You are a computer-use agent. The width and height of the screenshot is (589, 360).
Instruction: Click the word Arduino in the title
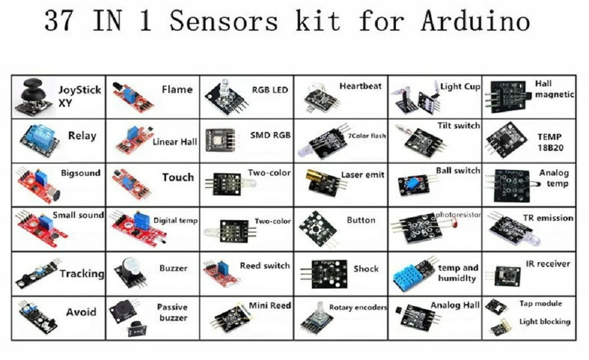[x=475, y=21]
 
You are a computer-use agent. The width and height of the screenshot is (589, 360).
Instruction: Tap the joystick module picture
[x=34, y=96]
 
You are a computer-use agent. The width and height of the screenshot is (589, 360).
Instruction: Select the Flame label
[x=177, y=89]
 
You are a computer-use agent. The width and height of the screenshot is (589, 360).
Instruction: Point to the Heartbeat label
[x=360, y=86]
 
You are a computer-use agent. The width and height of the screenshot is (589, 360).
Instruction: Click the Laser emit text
[x=363, y=175]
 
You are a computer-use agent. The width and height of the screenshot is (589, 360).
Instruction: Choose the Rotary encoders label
[x=358, y=308]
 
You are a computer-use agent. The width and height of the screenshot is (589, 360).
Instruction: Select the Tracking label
[x=82, y=274]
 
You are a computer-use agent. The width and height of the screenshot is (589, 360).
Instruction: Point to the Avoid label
[x=81, y=312]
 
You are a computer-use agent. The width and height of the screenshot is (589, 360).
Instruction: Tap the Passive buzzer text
[x=173, y=312]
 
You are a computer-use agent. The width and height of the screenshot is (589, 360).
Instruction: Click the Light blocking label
[x=545, y=322]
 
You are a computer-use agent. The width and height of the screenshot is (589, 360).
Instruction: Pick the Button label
[x=361, y=220]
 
